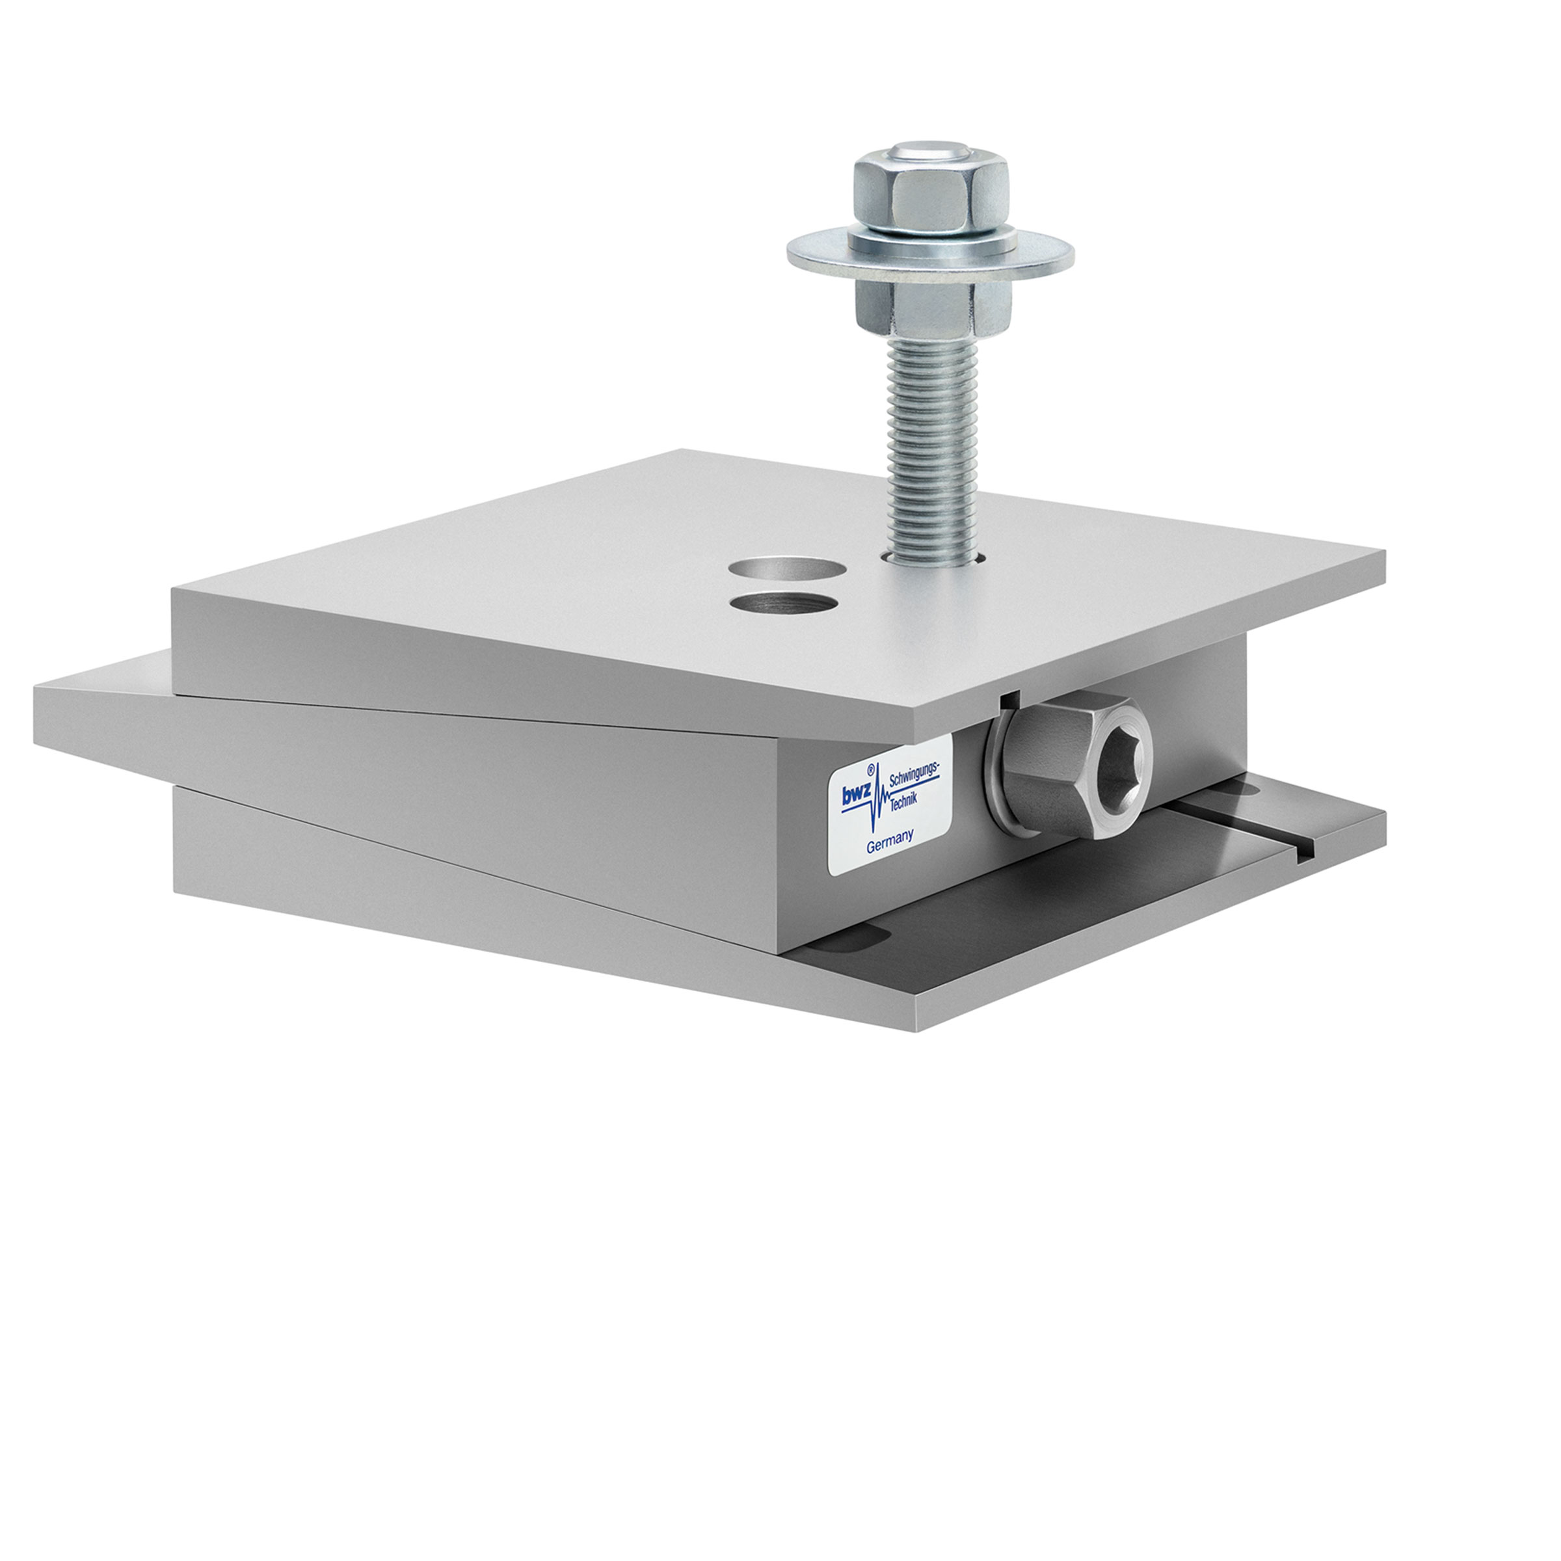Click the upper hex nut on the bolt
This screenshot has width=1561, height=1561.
930,194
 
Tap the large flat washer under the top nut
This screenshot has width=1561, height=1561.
816,256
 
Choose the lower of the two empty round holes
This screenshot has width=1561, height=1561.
782,604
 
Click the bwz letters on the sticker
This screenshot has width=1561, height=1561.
857,796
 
